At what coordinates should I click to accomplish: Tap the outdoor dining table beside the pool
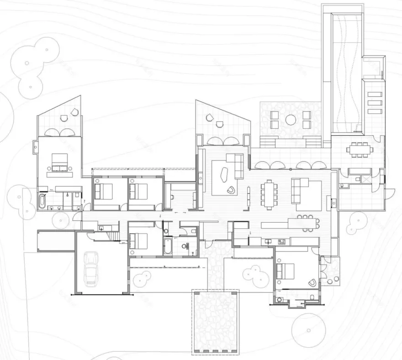pyautogui.click(x=359, y=148)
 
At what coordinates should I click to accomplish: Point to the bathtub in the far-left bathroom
pyautogui.click(x=43, y=201)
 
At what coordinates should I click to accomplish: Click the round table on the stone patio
pyautogui.click(x=291, y=120)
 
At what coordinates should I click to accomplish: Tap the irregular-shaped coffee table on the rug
pyautogui.click(x=225, y=176)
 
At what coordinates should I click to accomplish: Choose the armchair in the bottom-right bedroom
pyautogui.click(x=312, y=282)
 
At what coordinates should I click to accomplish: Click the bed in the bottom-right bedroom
pyautogui.click(x=286, y=272)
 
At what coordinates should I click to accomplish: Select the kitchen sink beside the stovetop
pyautogui.click(x=269, y=241)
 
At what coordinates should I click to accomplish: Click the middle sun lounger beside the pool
pyautogui.click(x=375, y=103)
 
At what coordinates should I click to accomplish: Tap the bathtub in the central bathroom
pyautogui.click(x=167, y=247)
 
